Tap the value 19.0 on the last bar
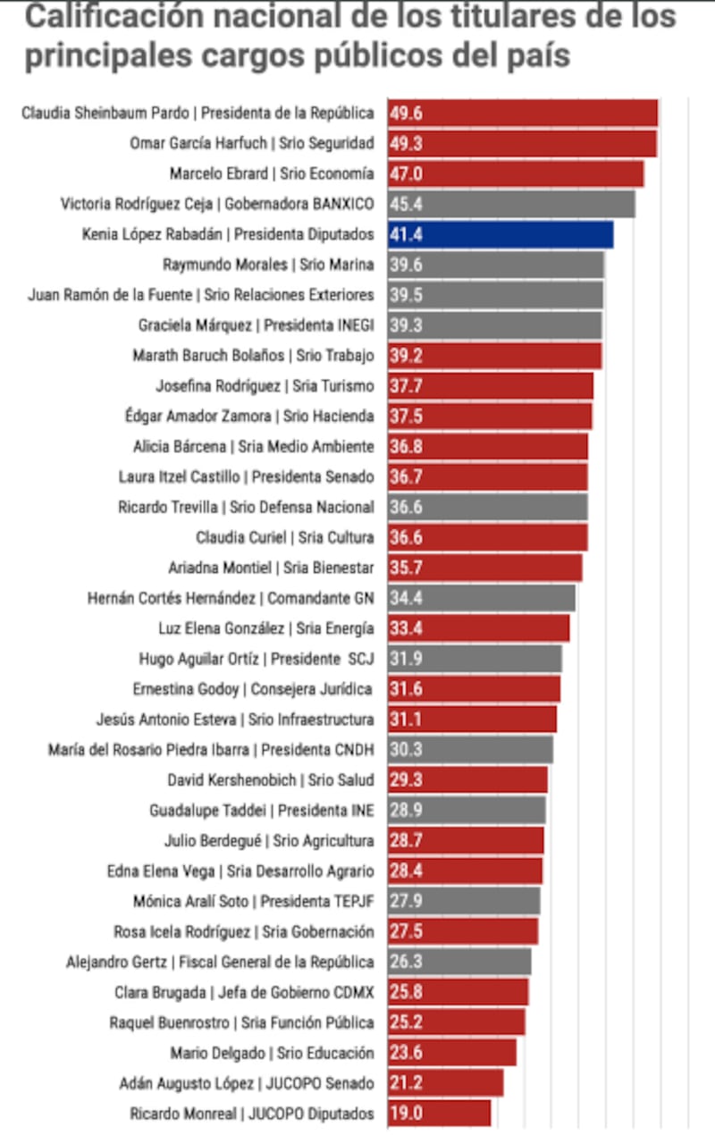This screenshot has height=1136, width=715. click(x=406, y=1114)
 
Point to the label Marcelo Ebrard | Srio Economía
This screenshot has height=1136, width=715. click(x=272, y=173)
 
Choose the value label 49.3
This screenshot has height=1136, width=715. click(x=406, y=143)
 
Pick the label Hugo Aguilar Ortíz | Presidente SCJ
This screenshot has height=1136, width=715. click(x=256, y=660)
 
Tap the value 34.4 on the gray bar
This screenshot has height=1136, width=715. click(x=406, y=599)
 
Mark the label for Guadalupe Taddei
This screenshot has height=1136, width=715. click(x=262, y=811)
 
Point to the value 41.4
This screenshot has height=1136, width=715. click(x=406, y=235)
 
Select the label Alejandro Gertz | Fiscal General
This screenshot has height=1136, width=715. click(x=220, y=963)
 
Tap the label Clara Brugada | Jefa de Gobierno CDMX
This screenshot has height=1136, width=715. click(x=244, y=993)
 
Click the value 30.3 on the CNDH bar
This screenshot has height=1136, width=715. click(x=406, y=751)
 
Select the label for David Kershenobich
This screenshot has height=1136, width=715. click(x=271, y=780)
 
